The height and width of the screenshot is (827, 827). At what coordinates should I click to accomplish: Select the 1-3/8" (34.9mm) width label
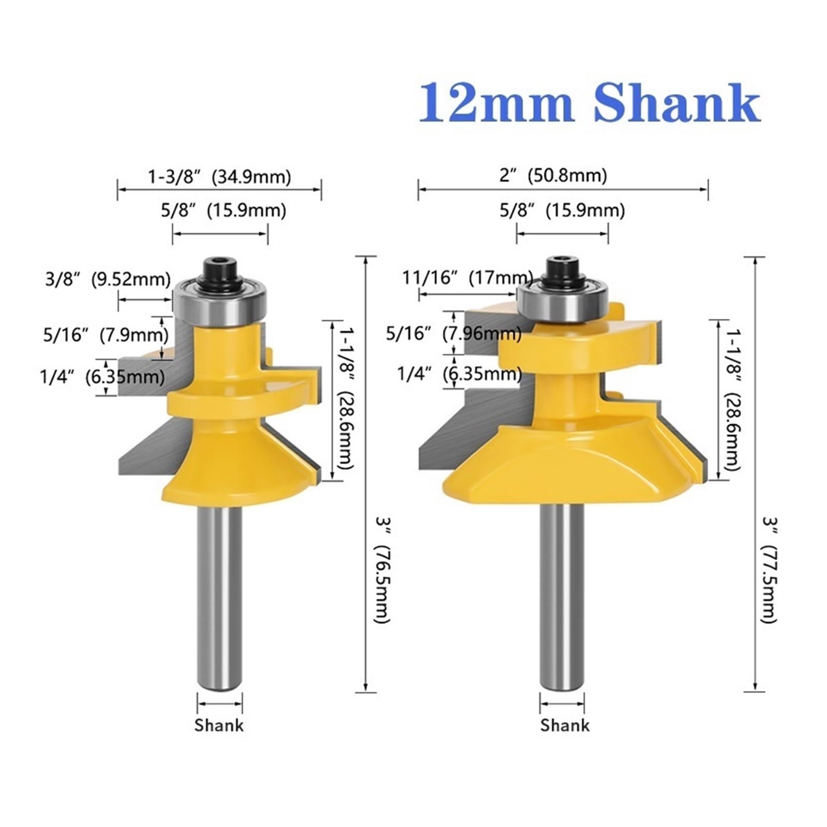tap(220, 177)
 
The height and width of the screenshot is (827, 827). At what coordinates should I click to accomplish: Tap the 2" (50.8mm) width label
tap(553, 176)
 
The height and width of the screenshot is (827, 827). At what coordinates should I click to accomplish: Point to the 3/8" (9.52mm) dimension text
tap(108, 280)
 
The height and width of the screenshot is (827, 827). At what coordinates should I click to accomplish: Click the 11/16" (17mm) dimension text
tap(468, 278)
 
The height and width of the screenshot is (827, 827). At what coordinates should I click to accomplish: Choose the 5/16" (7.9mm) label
tap(106, 335)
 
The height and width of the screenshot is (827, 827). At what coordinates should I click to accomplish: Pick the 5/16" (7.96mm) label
tap(454, 334)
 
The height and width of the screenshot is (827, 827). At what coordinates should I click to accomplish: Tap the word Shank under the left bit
tap(219, 725)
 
